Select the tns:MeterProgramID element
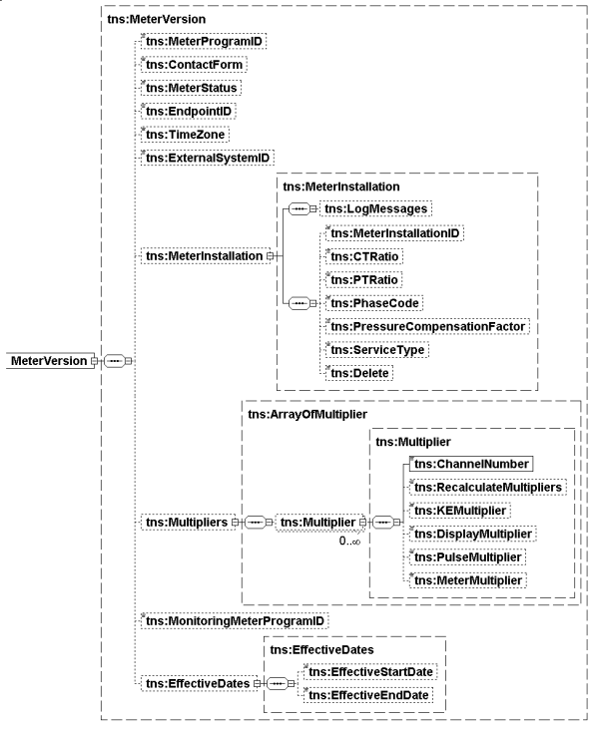204,42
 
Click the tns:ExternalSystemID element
208,157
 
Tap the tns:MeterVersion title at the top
150,19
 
